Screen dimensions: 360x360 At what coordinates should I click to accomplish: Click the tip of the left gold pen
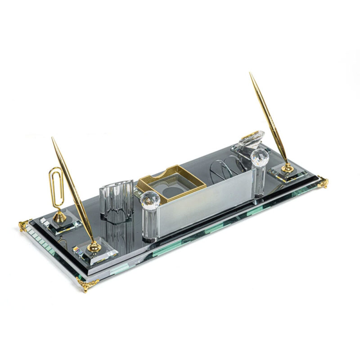click(53, 139)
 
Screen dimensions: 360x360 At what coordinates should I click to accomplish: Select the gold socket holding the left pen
click(94, 246)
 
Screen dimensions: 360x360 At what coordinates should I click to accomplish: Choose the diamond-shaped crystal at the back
click(252, 138)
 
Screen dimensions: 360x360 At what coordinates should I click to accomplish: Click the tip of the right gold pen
click(251, 74)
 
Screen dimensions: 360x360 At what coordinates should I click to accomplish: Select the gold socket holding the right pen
click(287, 168)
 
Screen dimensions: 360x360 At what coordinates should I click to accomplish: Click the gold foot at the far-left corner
click(23, 225)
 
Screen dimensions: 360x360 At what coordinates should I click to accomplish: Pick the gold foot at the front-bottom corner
click(88, 284)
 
